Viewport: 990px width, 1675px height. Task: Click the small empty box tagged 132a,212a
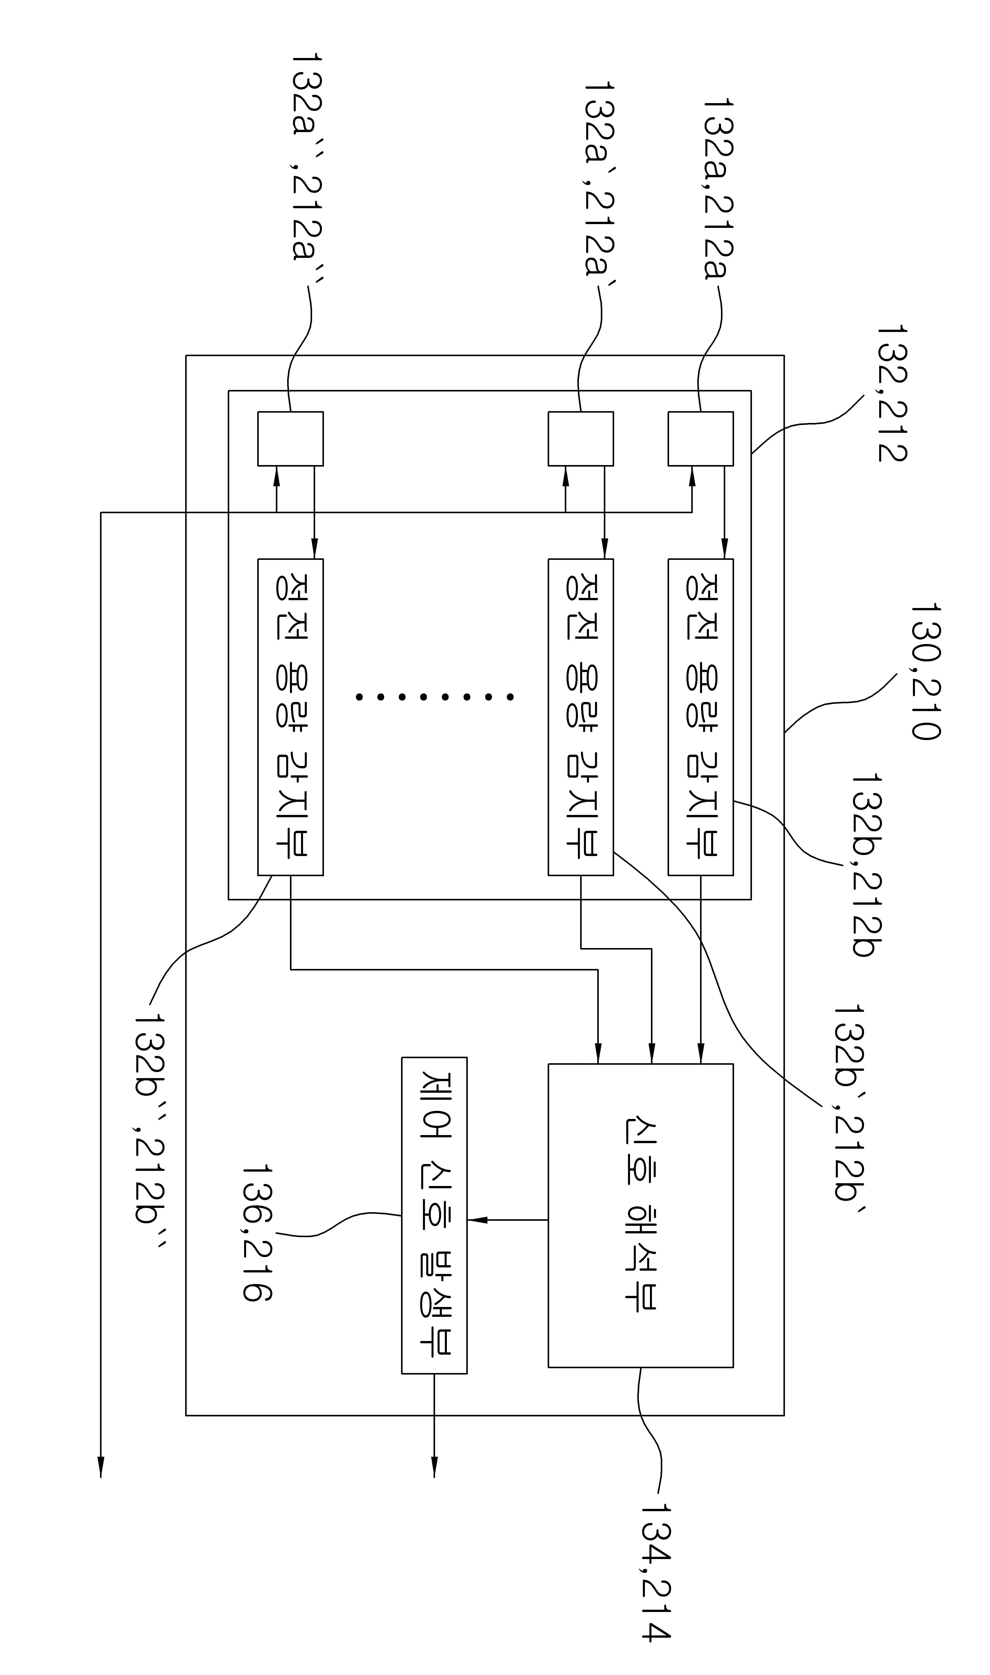click(701, 438)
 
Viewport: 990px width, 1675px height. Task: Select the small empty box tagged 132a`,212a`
click(580, 438)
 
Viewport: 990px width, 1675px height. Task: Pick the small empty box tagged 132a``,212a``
click(290, 438)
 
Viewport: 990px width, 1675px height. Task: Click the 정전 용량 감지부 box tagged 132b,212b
click(701, 717)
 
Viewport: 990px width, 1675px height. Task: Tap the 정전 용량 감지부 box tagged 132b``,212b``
click(290, 717)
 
